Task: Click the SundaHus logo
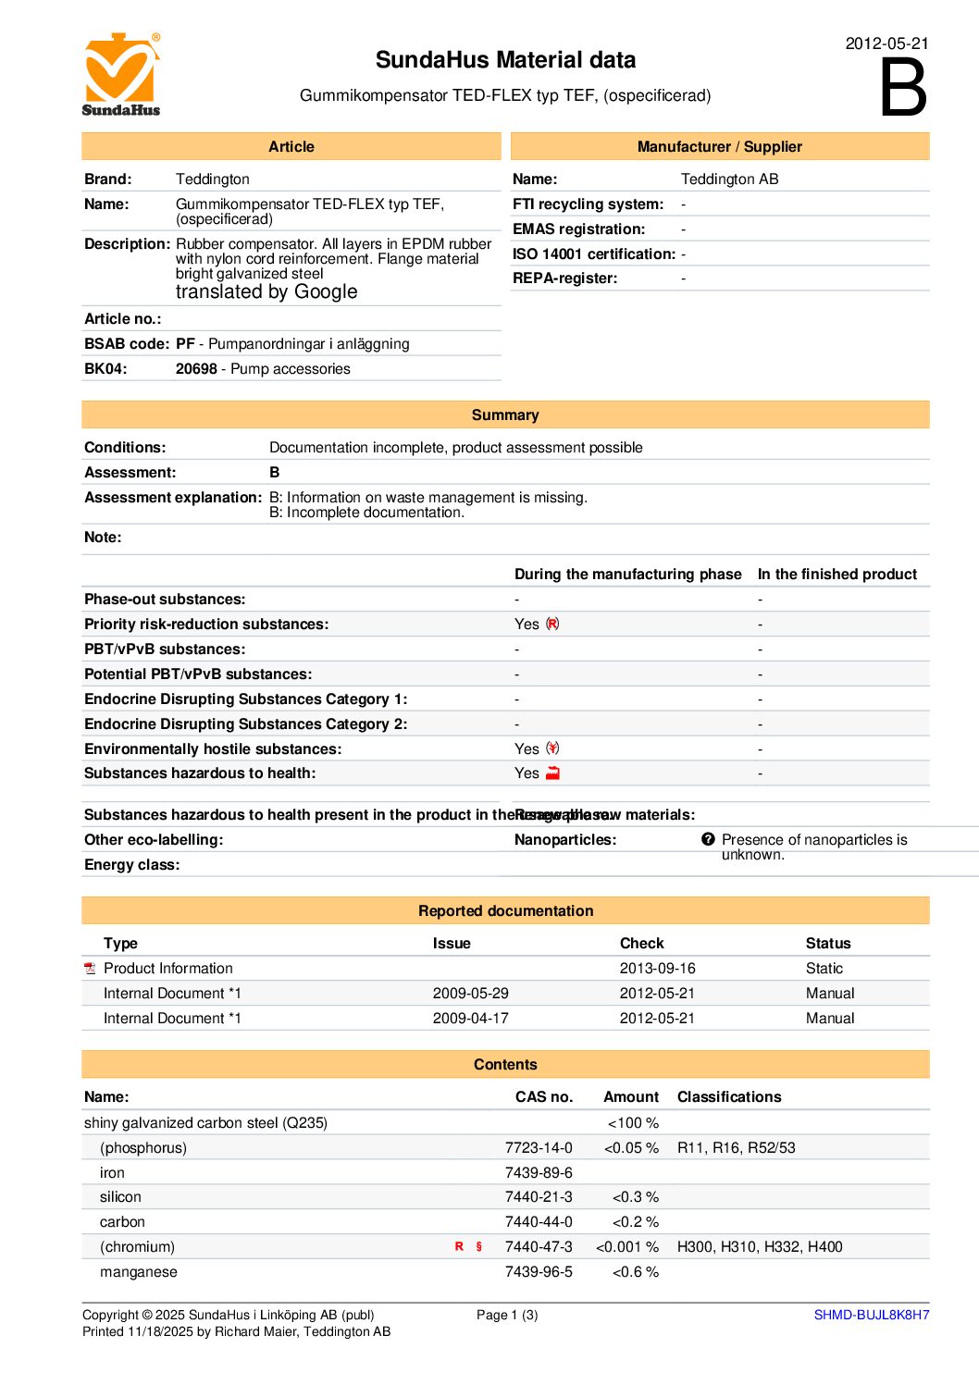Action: point(121,75)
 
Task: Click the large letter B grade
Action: point(902,88)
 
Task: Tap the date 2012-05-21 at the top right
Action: point(886,43)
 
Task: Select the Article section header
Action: point(291,147)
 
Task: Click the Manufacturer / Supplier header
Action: point(719,147)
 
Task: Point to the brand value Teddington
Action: point(213,179)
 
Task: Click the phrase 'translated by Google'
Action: point(266,292)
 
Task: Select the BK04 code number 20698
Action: point(196,369)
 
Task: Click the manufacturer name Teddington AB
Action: point(729,179)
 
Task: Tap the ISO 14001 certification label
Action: point(594,254)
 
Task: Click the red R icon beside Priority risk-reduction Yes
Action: point(552,624)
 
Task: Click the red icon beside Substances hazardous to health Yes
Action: point(552,773)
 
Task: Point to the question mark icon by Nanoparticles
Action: point(708,839)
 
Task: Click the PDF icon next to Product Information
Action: point(90,969)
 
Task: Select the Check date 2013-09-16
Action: point(657,969)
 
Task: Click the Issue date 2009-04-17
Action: point(470,1019)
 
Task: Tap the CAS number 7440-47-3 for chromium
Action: point(539,1247)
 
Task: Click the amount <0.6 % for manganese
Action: point(636,1272)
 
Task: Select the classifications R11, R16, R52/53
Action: point(736,1148)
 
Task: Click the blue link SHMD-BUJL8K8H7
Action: point(871,1315)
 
